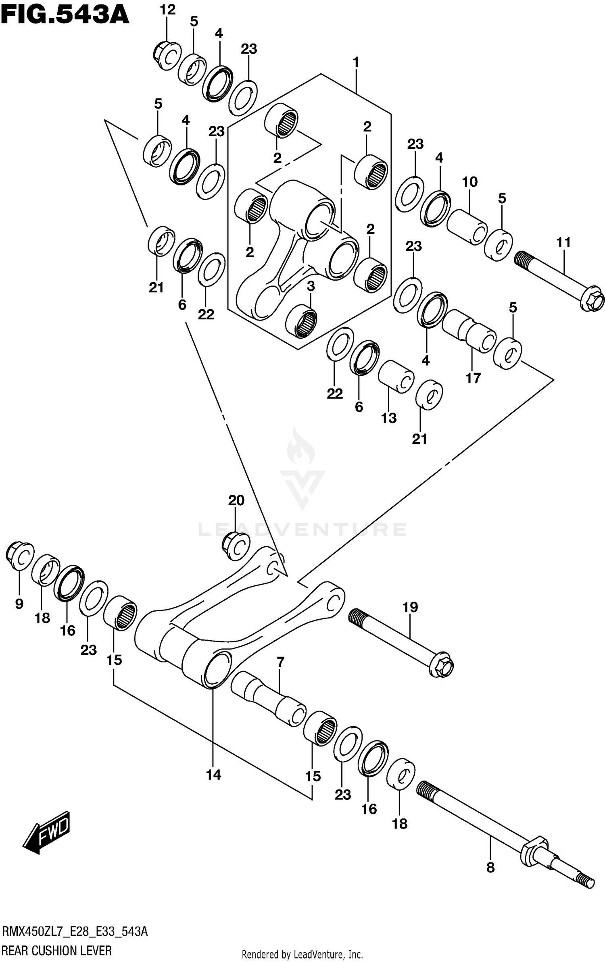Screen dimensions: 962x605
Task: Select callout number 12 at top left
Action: [167, 10]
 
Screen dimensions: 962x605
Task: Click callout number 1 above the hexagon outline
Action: [355, 62]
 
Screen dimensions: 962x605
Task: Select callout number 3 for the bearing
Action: [310, 286]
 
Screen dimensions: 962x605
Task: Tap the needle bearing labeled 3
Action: [301, 321]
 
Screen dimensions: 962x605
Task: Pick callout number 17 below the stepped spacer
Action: [473, 378]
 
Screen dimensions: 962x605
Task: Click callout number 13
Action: [389, 418]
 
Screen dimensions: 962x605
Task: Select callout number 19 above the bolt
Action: [410, 607]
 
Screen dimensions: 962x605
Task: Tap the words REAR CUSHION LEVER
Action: [57, 951]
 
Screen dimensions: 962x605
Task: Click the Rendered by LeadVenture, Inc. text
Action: [302, 954]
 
